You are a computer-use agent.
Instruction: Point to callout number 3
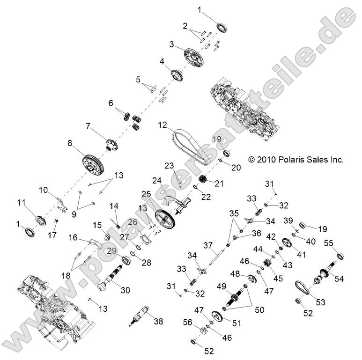tap(172, 44)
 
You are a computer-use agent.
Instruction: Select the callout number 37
tap(207, 245)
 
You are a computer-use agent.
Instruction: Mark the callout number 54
tap(339, 278)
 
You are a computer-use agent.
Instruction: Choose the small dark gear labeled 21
tap(204, 179)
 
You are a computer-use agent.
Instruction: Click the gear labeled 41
tap(288, 243)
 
